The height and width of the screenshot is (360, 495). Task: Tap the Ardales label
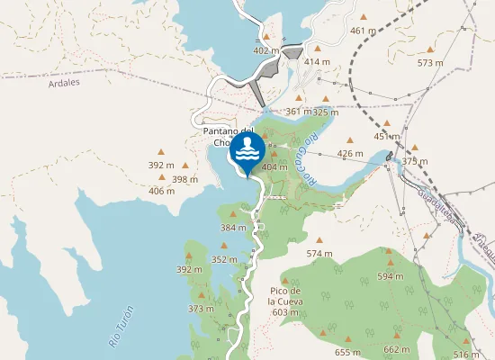coord(59,82)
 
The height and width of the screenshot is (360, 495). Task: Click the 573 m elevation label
coord(430,63)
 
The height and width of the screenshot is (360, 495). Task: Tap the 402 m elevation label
coord(266,50)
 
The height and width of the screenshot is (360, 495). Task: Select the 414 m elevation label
coord(316,61)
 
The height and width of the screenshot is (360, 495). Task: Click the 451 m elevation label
coord(386,137)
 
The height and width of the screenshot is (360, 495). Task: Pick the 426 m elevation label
coord(350,153)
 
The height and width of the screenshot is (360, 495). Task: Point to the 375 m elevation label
coord(415,161)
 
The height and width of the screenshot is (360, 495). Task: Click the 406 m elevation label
coord(161,191)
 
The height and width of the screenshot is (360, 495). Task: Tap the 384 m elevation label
coord(233,228)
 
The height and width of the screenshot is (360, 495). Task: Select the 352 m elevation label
coord(224,259)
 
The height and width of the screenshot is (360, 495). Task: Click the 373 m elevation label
coord(201,309)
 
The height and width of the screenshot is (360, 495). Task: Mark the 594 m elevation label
coord(390,276)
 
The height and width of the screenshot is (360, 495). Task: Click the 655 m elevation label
coord(346,352)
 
